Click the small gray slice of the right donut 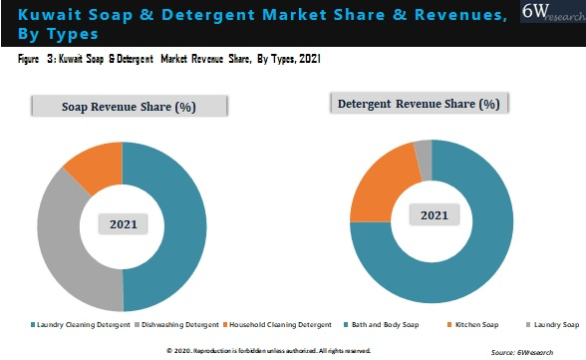pos(424,149)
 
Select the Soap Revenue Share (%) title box pos(127,107)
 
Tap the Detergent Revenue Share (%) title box pos(419,104)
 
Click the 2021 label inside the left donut pos(123,224)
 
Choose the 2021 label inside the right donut pos(434,215)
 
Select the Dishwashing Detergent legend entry pos(179,325)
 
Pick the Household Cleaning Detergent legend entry pos(279,325)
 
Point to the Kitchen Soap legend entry pos(478,325)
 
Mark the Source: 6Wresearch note pos(533,352)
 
